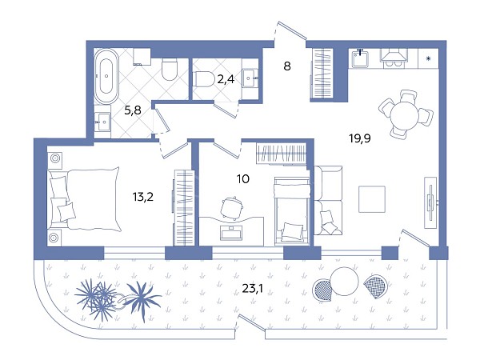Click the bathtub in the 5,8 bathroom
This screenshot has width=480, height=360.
[x=106, y=76]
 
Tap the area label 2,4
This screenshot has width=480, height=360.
[x=226, y=79]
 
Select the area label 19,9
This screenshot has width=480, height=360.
[x=360, y=138]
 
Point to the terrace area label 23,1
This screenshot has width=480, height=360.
[x=253, y=288]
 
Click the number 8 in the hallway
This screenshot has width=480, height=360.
[x=287, y=66]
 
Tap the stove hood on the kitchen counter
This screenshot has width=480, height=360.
[x=394, y=58]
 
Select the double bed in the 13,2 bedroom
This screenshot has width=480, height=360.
[x=83, y=199]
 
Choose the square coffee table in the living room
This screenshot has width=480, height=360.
[x=372, y=199]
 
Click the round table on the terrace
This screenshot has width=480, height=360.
[x=344, y=281]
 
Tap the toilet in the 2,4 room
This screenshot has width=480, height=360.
[x=203, y=79]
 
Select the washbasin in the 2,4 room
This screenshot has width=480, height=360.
[x=250, y=78]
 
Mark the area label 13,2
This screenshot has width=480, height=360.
[x=143, y=197]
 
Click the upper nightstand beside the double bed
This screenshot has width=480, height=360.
[x=55, y=159]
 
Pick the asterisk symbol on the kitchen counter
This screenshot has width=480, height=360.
[x=429, y=58]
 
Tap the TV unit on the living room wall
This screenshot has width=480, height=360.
[x=430, y=202]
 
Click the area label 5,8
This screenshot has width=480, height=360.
[x=133, y=110]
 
